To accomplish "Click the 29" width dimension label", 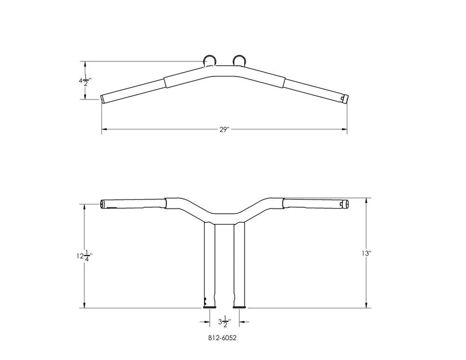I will point(225,129).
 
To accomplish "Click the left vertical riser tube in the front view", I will point(209,265).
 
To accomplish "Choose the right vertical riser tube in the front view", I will point(239,265).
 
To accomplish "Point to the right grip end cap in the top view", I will point(345,98).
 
